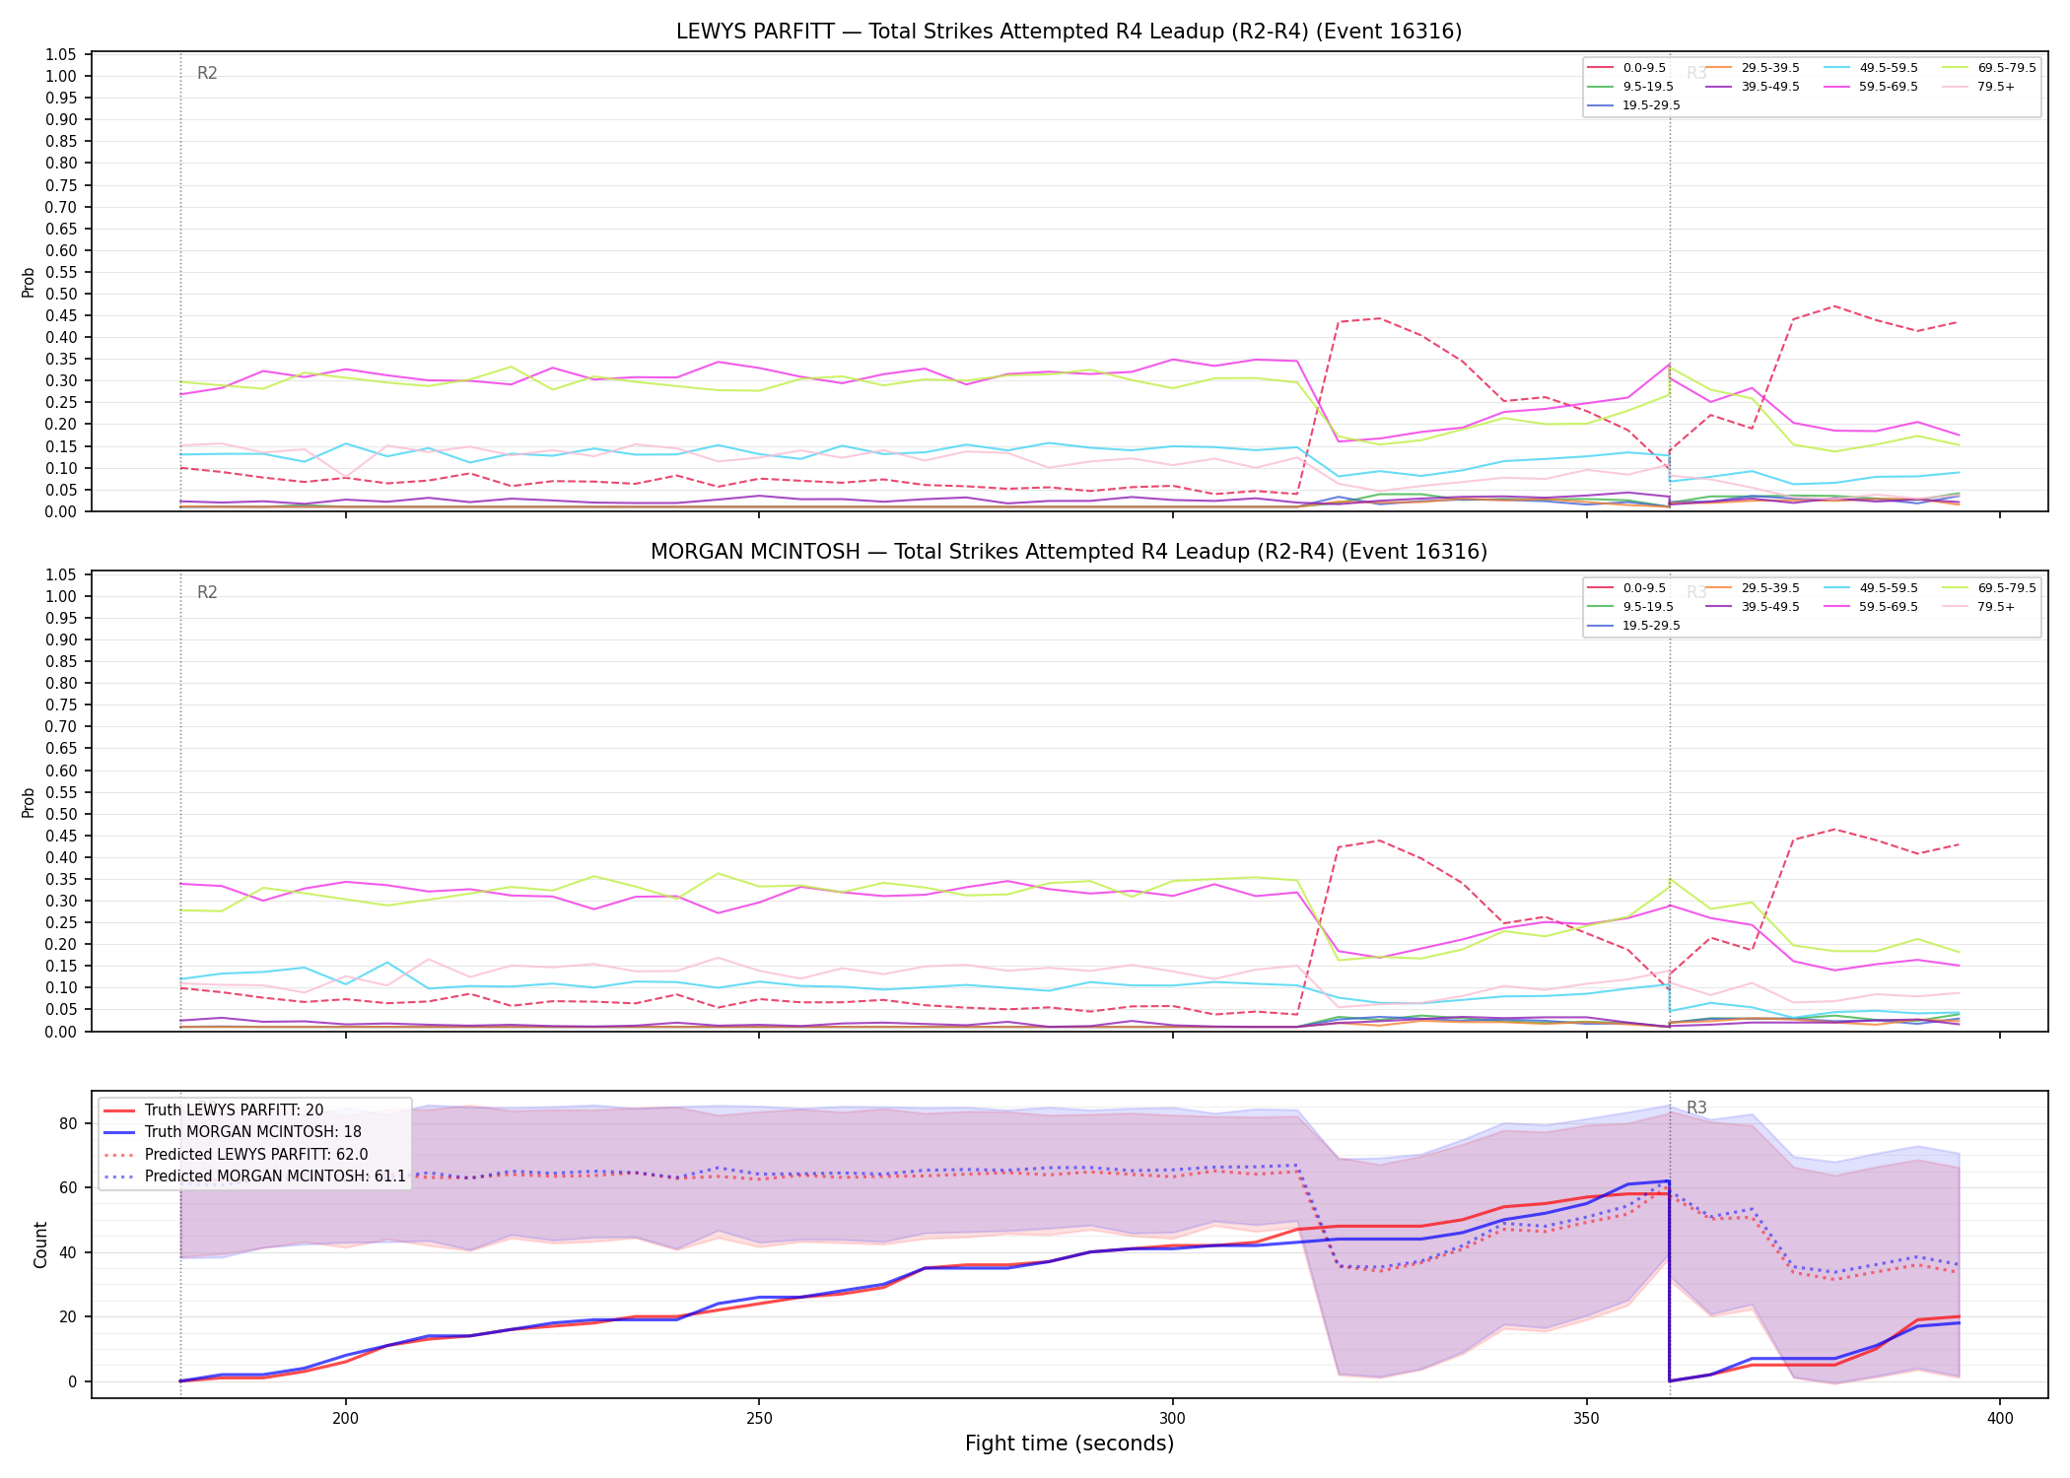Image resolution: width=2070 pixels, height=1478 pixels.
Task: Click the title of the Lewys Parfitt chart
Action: point(1069,32)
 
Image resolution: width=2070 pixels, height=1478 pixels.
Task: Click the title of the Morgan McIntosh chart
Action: point(1069,552)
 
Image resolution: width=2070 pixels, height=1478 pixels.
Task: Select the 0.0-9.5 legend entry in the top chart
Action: point(1626,68)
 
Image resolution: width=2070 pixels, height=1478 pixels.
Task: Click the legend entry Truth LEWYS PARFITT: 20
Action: point(213,1110)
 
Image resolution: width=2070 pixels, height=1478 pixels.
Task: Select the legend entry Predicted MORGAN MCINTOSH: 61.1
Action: point(254,1176)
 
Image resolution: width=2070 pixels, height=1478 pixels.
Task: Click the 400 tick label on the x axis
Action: point(1999,1418)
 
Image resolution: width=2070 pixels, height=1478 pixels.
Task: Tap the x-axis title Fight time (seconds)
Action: point(1069,1444)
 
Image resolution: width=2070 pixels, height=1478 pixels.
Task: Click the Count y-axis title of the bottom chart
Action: point(40,1244)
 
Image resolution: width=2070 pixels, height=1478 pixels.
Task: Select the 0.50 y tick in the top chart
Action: point(61,294)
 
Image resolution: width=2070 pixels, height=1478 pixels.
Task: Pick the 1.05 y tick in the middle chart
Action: point(61,574)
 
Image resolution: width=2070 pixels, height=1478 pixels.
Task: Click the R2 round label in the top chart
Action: point(207,73)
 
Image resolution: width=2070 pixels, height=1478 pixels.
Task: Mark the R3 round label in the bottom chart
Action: point(1696,1108)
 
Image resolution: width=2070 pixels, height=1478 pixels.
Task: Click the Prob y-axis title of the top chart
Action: point(29,283)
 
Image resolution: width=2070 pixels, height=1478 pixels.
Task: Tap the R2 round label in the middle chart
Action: point(207,592)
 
